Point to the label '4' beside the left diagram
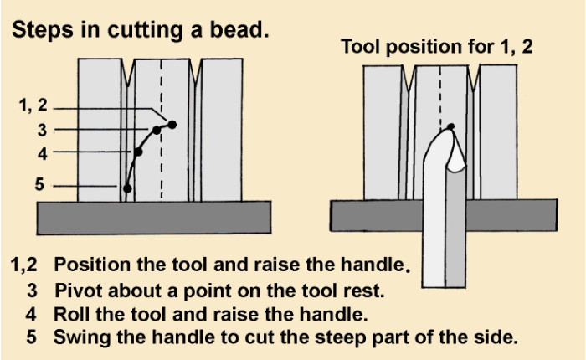point(41,153)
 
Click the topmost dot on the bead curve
point(172,125)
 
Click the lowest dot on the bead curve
point(126,188)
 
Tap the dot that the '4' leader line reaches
point(138,152)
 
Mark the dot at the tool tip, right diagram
point(450,127)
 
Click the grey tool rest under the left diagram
point(154,217)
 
